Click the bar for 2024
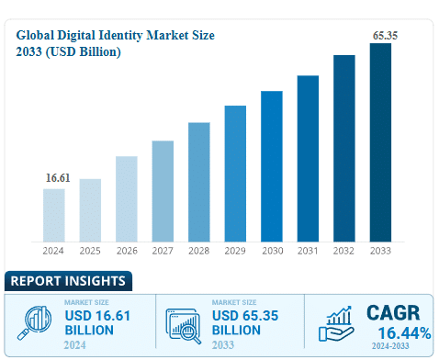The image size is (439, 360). pyautogui.click(x=53, y=214)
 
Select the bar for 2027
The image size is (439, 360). pyautogui.click(x=163, y=190)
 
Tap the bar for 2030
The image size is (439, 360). pyautogui.click(x=271, y=165)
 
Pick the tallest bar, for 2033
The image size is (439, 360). pyautogui.click(x=380, y=141)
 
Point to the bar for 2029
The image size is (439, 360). pyautogui.click(x=235, y=173)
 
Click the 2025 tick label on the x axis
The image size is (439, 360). pyautogui.click(x=90, y=251)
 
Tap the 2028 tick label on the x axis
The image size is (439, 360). pyautogui.click(x=199, y=251)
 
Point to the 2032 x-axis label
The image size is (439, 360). pyautogui.click(x=344, y=251)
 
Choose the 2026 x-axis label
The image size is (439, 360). pyautogui.click(x=127, y=251)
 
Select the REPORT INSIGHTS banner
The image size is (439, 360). pyautogui.click(x=66, y=281)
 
